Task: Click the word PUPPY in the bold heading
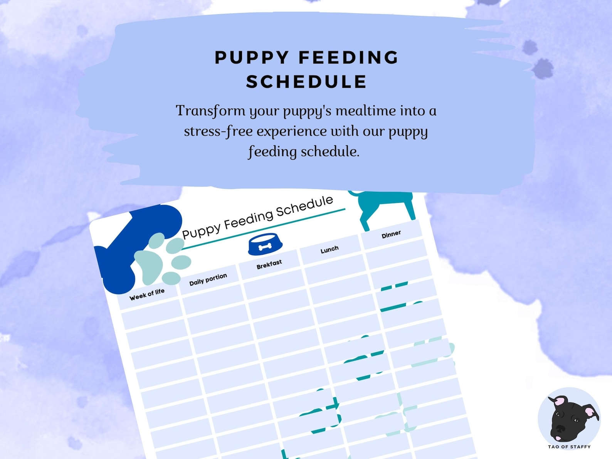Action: (x=252, y=58)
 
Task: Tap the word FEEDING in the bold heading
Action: (x=349, y=58)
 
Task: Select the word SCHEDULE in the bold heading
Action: (x=306, y=82)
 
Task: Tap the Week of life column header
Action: (x=147, y=294)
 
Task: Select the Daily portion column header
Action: (x=208, y=279)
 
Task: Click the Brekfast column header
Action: (x=269, y=264)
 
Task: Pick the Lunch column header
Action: (x=330, y=249)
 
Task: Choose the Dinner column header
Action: (x=391, y=234)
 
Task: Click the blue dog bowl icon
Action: (x=265, y=245)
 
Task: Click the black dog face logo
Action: (x=569, y=419)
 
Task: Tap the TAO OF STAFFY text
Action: (x=569, y=447)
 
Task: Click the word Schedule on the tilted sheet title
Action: (x=304, y=207)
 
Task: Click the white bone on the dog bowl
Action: (x=265, y=247)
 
